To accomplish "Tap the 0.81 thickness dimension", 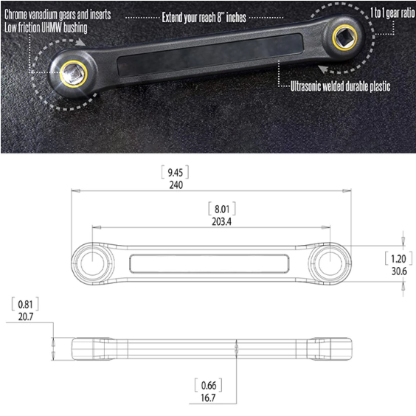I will click(x=26, y=304).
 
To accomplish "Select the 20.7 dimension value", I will click(x=26, y=316).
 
